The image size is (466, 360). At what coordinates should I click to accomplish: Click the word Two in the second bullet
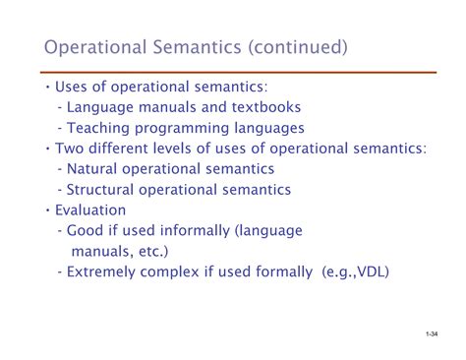click(64, 148)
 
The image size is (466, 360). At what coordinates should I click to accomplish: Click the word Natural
click(94, 168)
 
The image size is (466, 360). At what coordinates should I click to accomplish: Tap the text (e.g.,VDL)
click(357, 272)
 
